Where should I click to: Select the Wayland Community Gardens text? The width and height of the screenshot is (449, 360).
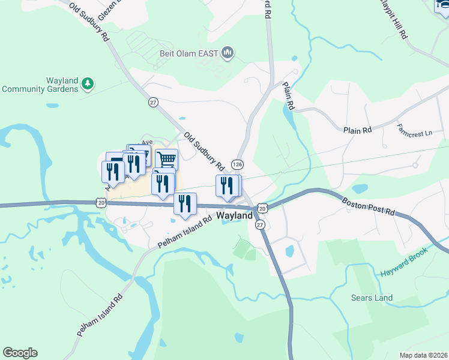click(x=40, y=85)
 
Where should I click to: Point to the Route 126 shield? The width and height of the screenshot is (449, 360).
click(x=238, y=164)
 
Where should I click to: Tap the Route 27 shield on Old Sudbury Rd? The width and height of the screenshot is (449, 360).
click(x=153, y=102)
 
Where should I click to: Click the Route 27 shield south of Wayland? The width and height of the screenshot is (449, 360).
click(x=260, y=224)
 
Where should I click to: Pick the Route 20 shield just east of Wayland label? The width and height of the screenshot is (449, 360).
click(x=262, y=208)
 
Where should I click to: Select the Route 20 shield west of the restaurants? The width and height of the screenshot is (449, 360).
click(x=100, y=203)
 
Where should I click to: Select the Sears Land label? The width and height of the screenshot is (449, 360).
click(x=372, y=298)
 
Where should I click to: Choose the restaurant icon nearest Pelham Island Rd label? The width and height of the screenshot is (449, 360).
click(x=185, y=203)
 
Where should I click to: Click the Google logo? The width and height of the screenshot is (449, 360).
click(x=20, y=353)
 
